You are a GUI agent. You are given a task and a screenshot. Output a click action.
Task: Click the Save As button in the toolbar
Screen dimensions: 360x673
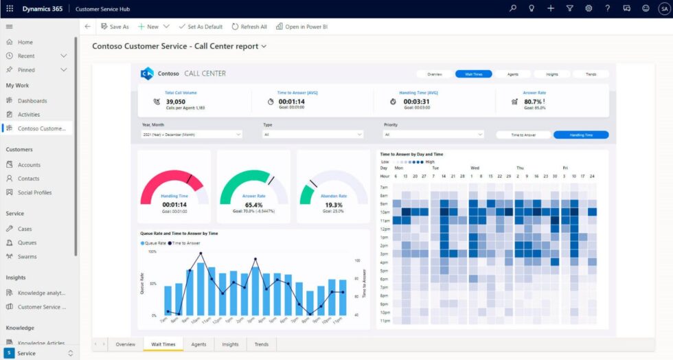pos(114,27)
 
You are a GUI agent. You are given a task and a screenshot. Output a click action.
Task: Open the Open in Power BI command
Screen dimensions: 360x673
pos(301,27)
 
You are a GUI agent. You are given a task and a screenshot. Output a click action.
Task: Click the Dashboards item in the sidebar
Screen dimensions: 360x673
pos(32,101)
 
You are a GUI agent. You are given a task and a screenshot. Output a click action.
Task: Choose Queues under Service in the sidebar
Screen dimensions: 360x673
pos(27,243)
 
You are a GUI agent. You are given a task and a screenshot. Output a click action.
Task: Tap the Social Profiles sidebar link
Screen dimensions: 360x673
pos(34,192)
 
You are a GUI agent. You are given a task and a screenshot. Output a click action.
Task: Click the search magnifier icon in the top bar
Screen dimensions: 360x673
pos(513,8)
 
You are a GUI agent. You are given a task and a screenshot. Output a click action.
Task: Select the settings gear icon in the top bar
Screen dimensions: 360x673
pos(589,8)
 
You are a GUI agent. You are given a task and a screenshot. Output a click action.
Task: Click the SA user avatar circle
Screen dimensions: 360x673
pos(664,8)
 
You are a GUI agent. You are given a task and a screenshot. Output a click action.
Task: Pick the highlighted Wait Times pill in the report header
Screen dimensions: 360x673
pos(473,74)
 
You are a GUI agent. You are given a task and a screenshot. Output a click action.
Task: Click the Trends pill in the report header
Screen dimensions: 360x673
pos(590,74)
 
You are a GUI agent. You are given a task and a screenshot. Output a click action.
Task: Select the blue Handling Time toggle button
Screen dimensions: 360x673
pos(581,135)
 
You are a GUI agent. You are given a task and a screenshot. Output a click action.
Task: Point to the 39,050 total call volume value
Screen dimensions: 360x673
pos(176,101)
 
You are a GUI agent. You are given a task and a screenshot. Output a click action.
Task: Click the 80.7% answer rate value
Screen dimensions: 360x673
pos(533,101)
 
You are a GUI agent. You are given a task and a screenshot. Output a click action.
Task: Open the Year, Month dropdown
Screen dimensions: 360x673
pos(192,135)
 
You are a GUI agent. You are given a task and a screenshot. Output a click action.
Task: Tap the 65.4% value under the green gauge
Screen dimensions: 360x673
pos(253,205)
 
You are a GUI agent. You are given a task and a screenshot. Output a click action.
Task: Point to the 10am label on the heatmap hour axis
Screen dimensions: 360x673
pos(385,212)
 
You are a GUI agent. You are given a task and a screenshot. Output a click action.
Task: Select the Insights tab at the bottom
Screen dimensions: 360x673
pos(231,344)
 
